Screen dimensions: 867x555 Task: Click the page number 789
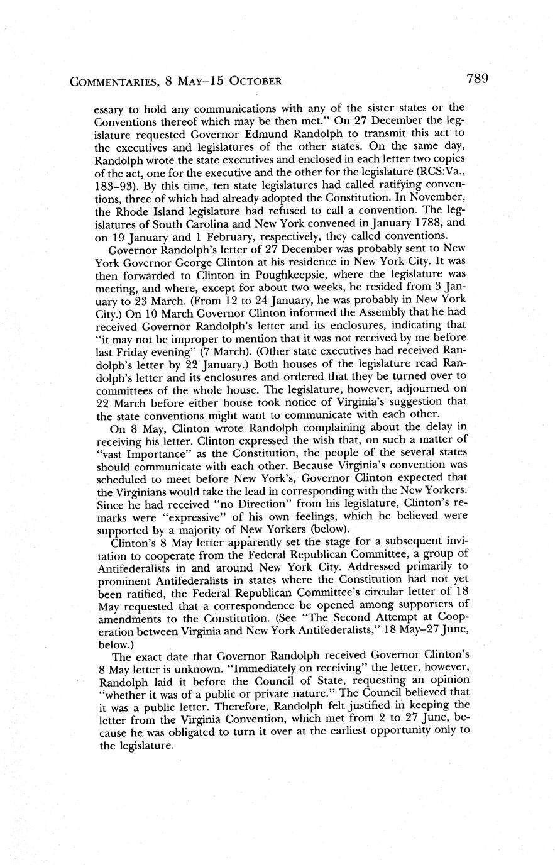point(477,79)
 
